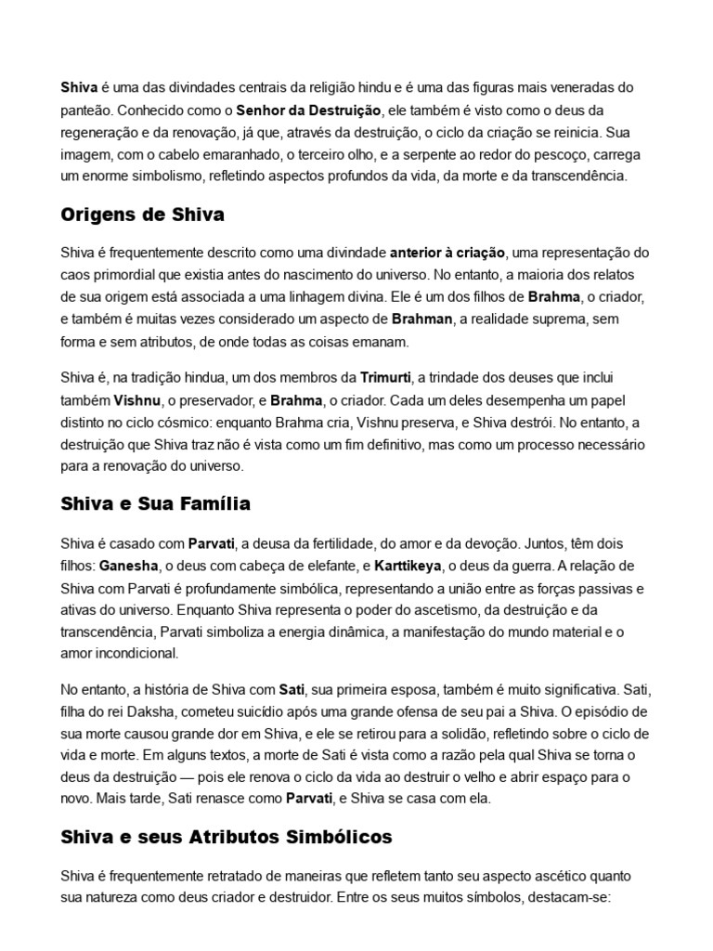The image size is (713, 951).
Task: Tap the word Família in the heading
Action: (218, 504)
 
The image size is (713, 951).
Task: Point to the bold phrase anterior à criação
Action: (447, 252)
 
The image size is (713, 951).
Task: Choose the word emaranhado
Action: (250, 154)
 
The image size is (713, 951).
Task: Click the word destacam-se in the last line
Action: (567, 898)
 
